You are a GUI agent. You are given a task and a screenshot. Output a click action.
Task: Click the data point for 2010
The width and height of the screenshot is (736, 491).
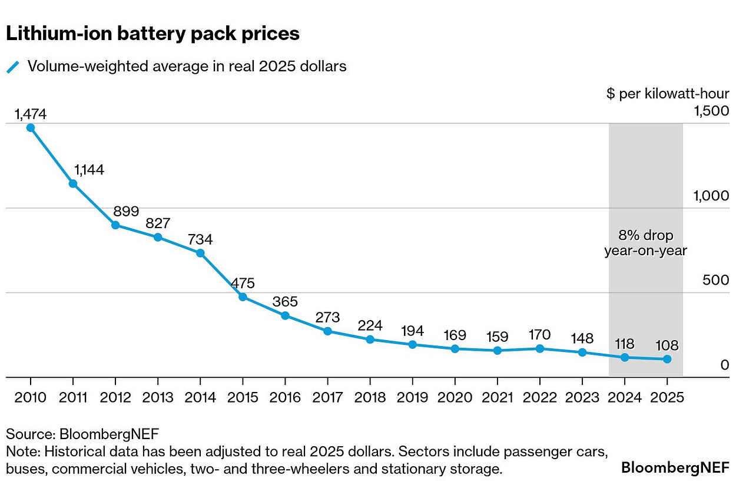pyautogui.click(x=31, y=127)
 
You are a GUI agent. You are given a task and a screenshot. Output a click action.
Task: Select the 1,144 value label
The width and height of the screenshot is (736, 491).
pyautogui.click(x=89, y=170)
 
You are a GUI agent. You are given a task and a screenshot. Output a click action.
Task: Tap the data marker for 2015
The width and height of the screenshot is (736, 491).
pyautogui.click(x=243, y=296)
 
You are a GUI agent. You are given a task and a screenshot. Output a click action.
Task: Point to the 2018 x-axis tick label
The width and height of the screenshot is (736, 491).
pyautogui.click(x=369, y=397)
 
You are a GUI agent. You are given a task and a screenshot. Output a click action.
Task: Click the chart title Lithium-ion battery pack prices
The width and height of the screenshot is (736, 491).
pyautogui.click(x=152, y=34)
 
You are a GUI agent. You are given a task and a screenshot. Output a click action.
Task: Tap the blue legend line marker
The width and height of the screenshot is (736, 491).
pyautogui.click(x=13, y=67)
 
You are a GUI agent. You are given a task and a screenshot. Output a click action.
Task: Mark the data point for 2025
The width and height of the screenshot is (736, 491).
pyautogui.click(x=667, y=359)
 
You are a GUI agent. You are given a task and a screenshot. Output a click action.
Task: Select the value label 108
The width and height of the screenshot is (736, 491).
pyautogui.click(x=667, y=345)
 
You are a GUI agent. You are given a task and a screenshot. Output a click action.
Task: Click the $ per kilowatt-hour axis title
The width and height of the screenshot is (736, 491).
pyautogui.click(x=668, y=94)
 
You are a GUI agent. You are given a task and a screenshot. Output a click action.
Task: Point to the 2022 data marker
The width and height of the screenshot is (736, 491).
pyautogui.click(x=540, y=348)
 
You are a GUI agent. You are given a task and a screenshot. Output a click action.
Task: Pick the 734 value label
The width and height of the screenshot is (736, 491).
pyautogui.click(x=200, y=239)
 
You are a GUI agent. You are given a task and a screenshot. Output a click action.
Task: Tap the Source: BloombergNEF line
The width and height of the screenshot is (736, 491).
pyautogui.click(x=82, y=434)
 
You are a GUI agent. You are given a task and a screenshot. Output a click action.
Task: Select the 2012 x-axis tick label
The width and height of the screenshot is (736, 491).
pyautogui.click(x=115, y=397)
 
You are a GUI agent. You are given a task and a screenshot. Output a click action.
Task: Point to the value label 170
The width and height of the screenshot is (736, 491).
pyautogui.click(x=539, y=335)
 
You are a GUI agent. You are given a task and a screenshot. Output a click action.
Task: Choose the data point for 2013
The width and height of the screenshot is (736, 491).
pyautogui.click(x=158, y=237)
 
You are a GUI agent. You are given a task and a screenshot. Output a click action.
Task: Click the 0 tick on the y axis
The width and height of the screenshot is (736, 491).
pyautogui.click(x=725, y=365)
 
